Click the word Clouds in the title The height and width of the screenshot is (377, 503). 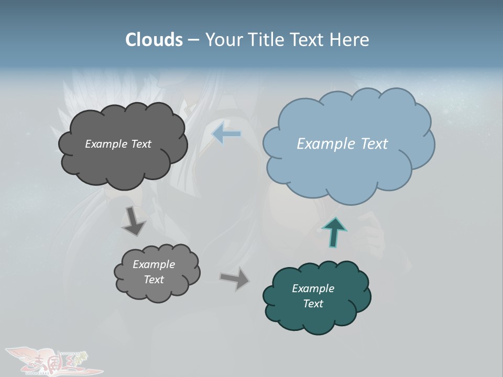pos(154,40)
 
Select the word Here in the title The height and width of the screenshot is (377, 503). pos(349,40)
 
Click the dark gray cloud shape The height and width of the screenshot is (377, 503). pos(123,162)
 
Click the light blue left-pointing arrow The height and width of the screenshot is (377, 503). pos(226,134)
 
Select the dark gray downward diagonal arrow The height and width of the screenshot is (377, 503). pos(134,221)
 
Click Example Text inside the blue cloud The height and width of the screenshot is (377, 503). pos(342,144)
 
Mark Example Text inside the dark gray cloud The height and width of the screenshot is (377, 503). pos(118,144)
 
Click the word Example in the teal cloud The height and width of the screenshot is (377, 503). pos(313,289)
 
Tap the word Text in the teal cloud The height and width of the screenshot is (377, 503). pos(313,304)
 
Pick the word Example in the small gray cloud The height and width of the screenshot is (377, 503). pos(154,264)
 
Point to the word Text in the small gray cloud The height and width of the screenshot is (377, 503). pos(154,280)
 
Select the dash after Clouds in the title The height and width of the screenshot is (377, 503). pos(193,40)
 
